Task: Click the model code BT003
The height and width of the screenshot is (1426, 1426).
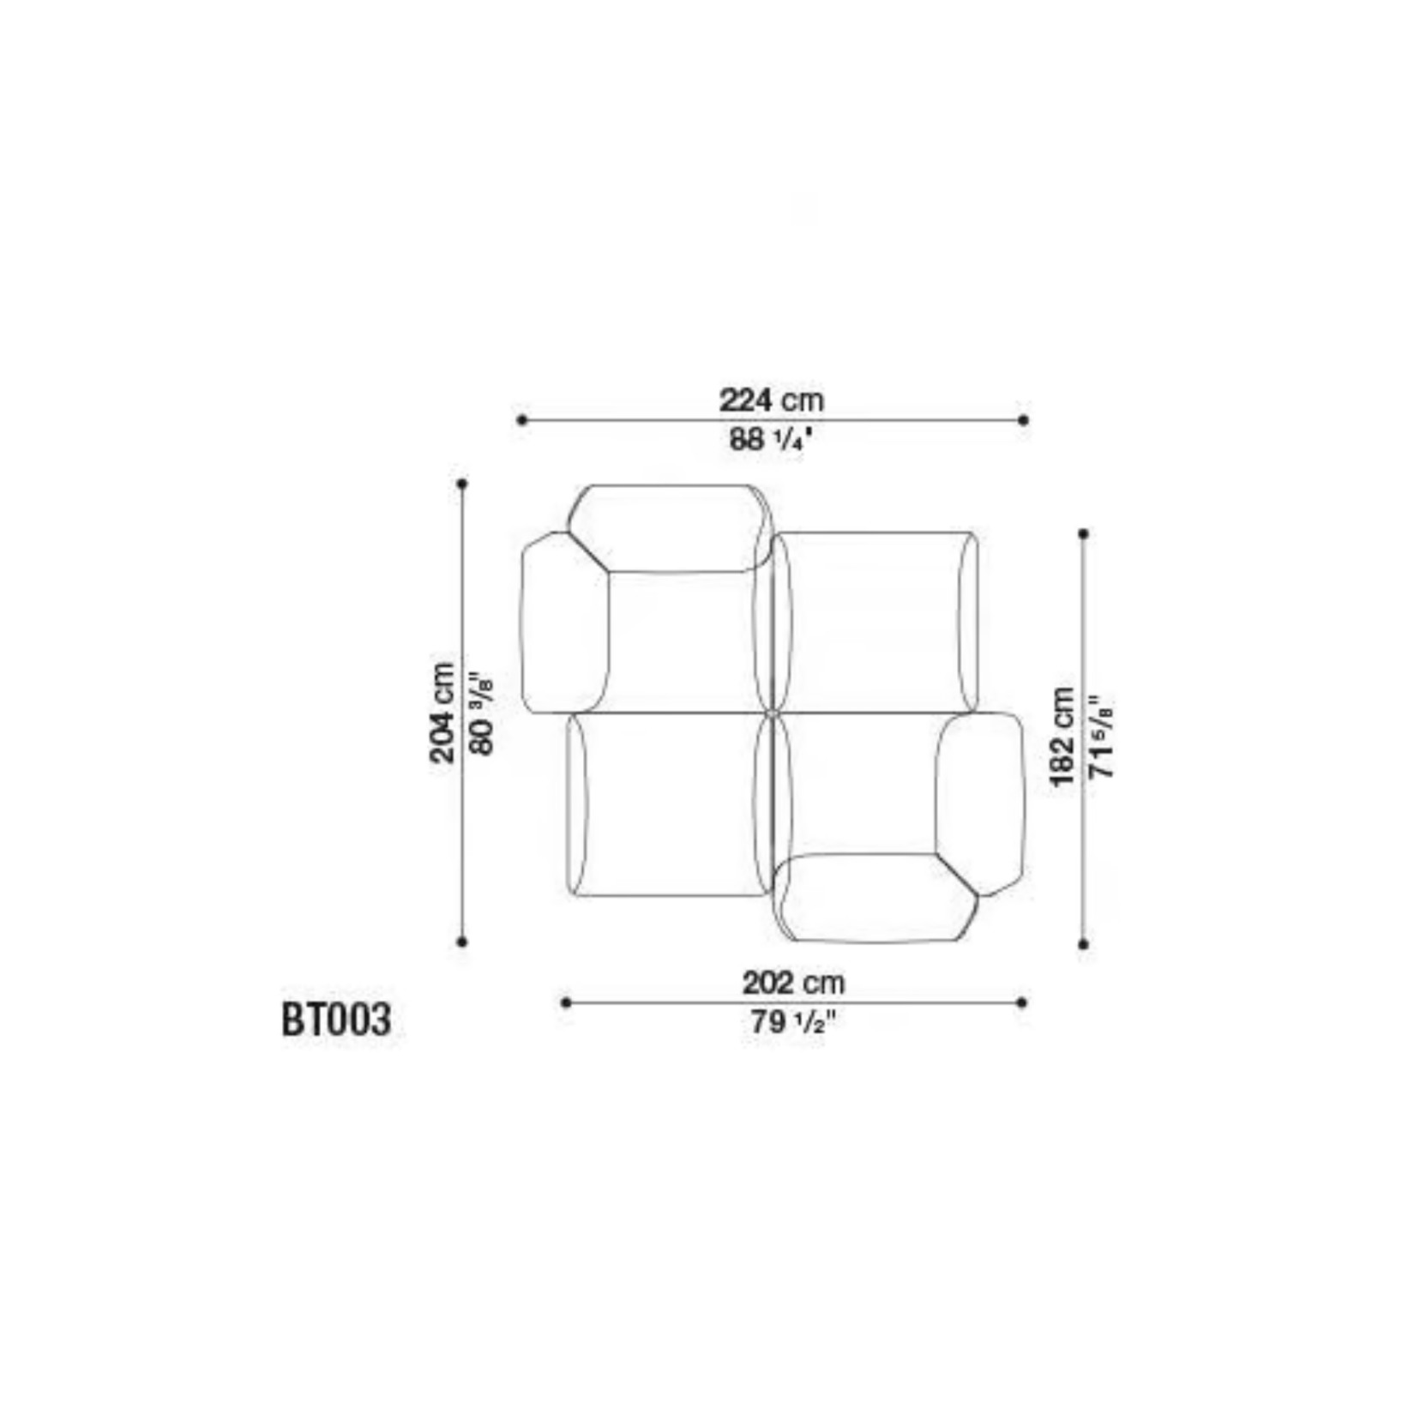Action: click(336, 1020)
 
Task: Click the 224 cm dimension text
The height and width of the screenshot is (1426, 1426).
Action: click(771, 400)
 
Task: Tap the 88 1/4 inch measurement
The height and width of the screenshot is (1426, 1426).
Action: click(770, 440)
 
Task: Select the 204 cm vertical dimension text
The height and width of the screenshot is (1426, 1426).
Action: click(442, 712)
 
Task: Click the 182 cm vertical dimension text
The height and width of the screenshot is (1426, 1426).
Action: click(1062, 736)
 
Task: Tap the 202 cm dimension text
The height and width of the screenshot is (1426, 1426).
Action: click(793, 982)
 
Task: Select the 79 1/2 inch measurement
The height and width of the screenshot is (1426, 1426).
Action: click(793, 1022)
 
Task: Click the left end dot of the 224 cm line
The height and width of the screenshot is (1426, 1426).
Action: click(521, 420)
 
